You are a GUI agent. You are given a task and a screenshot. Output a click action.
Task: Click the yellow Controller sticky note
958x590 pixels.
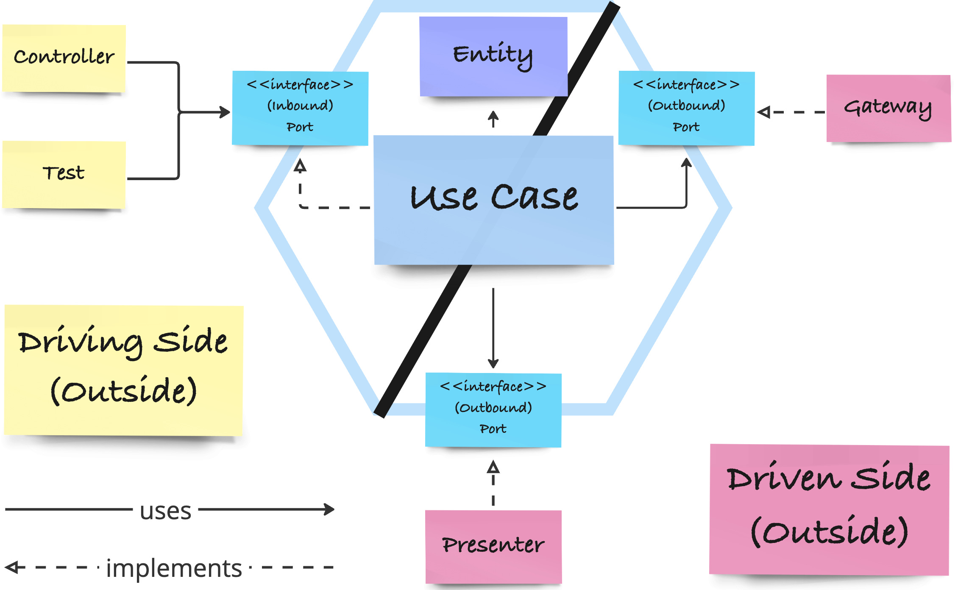(x=64, y=58)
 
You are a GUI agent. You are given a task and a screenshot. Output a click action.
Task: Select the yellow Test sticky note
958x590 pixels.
(x=64, y=174)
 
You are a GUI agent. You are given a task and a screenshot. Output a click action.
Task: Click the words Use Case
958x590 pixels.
(x=494, y=198)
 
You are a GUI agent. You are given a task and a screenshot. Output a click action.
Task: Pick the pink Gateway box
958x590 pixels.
(x=888, y=108)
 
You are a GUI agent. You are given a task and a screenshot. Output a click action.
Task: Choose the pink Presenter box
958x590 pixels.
(x=493, y=546)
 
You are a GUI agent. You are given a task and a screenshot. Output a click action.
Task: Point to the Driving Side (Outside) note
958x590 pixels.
(x=123, y=369)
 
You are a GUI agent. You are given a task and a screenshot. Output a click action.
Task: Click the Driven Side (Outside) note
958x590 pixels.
(x=829, y=509)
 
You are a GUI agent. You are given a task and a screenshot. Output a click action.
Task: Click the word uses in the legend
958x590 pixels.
(x=166, y=510)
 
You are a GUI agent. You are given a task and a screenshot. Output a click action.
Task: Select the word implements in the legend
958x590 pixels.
(x=174, y=568)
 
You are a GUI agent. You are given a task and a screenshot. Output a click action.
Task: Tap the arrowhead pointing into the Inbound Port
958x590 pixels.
(x=225, y=112)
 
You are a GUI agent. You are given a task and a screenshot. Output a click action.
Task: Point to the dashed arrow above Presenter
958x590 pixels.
(x=493, y=483)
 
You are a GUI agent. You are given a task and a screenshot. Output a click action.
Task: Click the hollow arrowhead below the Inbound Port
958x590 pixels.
(x=300, y=166)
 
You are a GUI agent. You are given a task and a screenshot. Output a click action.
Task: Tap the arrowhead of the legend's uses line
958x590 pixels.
(x=329, y=509)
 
